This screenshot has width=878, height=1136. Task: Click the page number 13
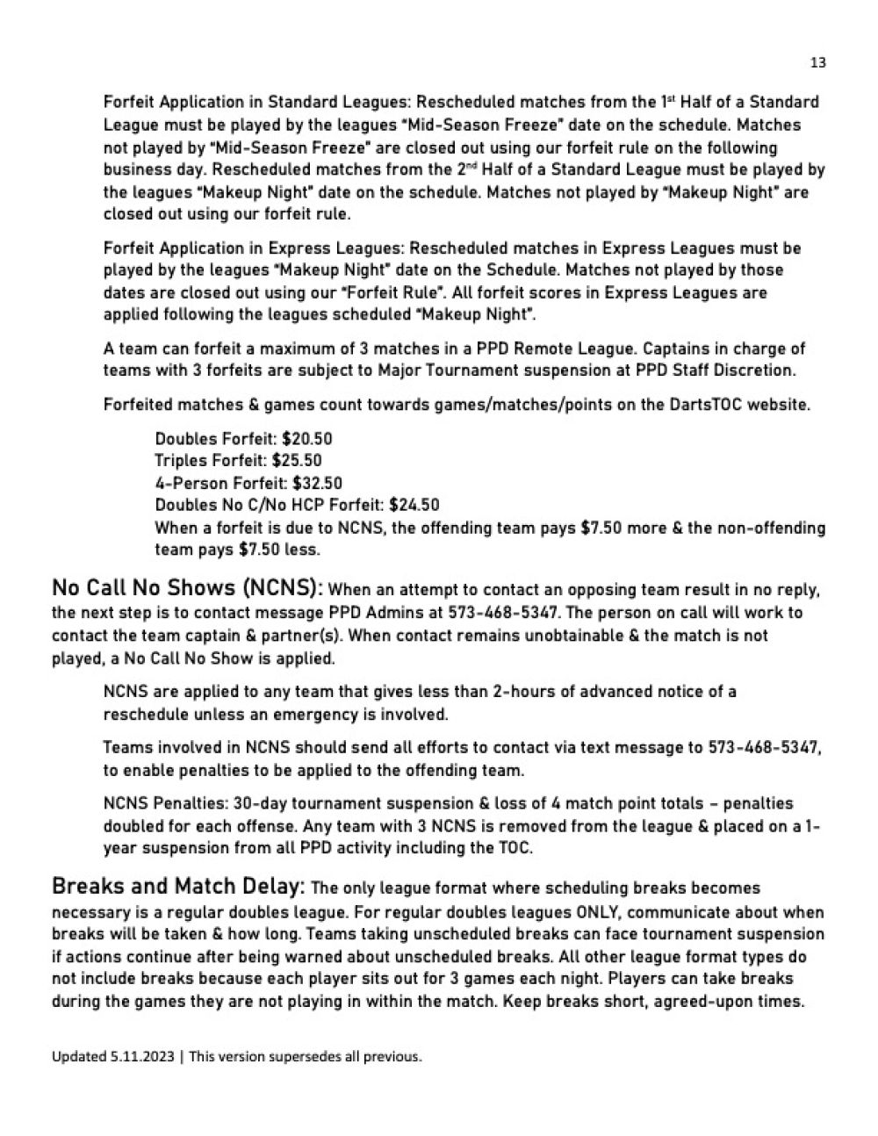tap(817, 62)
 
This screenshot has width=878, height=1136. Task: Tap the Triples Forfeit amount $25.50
tap(297, 461)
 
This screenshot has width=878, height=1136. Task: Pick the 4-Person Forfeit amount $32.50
tap(317, 483)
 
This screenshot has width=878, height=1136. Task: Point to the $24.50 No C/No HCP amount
tap(414, 505)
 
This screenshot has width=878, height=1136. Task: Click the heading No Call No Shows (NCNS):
tap(187, 587)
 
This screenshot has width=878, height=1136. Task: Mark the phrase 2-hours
tap(522, 692)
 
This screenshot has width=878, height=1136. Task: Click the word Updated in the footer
tap(79, 1057)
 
